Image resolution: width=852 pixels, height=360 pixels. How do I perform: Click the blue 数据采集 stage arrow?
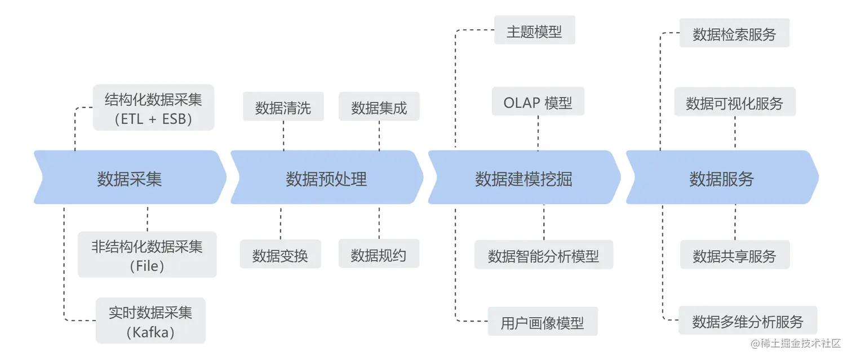tap(130, 177)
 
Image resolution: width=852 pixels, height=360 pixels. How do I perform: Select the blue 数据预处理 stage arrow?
tap(326, 177)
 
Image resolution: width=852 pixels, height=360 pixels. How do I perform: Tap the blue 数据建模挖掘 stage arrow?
tap(523, 177)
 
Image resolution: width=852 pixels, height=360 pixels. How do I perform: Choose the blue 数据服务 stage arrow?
tap(721, 177)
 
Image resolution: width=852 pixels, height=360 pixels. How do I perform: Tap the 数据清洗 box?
tap(283, 106)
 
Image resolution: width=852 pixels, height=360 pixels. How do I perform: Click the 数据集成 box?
tap(379, 106)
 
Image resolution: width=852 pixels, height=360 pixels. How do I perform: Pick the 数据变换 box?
tap(280, 255)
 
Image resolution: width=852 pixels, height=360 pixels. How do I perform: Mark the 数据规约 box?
tap(379, 255)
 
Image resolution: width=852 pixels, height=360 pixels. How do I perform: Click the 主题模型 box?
tap(534, 30)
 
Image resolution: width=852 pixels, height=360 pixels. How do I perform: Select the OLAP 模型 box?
tap(538, 102)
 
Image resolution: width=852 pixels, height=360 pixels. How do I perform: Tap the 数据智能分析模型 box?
tap(543, 255)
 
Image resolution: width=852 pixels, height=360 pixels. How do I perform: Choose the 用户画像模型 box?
tap(542, 322)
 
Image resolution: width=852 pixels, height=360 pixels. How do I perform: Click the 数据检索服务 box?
tap(734, 33)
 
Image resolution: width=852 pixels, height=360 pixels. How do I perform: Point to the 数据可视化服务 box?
tap(734, 103)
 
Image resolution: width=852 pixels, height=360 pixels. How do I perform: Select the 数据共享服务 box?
tap(734, 255)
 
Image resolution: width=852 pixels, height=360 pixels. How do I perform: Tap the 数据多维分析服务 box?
tap(747, 321)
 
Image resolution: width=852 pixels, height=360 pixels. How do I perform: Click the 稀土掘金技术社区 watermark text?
tap(796, 343)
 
